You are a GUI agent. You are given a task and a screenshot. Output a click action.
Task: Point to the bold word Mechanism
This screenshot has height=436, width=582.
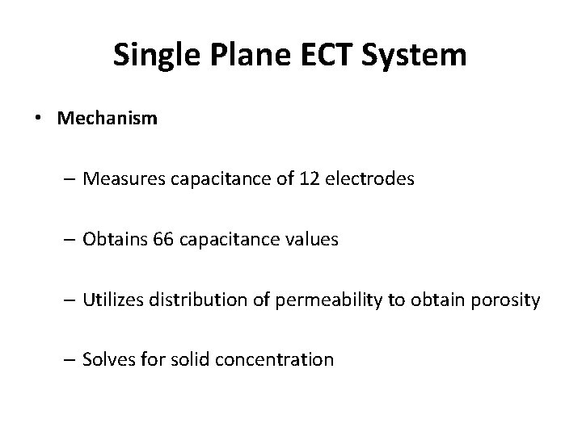(108, 119)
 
